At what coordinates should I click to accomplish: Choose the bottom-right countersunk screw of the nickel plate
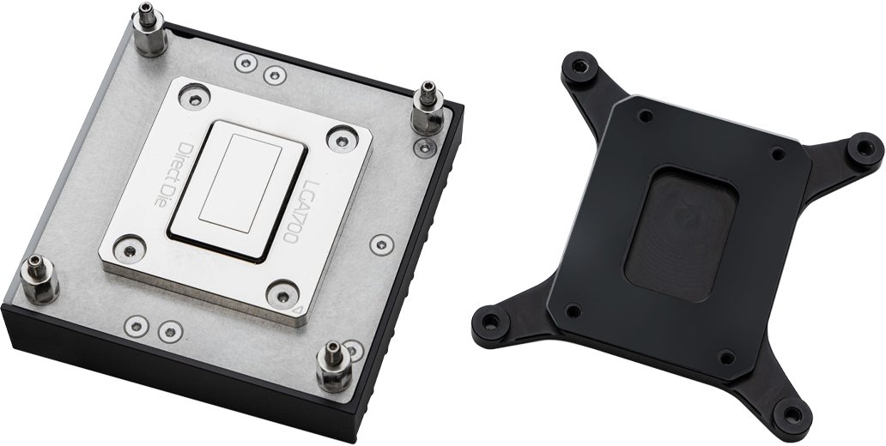coord(280,292)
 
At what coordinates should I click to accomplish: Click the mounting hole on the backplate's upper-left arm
coord(579,65)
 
